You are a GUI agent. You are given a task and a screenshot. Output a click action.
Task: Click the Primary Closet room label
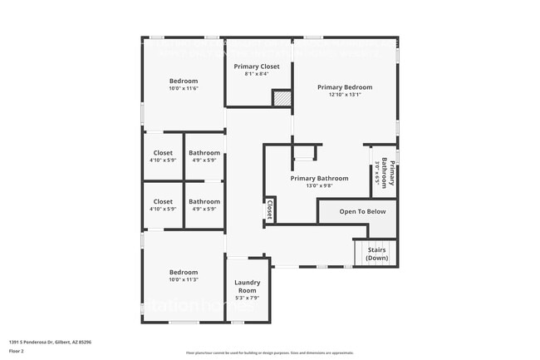pos(256,67)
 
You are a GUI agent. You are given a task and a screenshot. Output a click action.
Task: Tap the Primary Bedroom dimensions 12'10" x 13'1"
pos(344,95)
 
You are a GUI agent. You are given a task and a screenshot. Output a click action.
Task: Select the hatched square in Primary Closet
pos(282,98)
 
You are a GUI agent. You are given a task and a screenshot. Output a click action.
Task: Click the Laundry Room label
pos(248,286)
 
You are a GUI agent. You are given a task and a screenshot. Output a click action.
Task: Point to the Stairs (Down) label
pos(376,253)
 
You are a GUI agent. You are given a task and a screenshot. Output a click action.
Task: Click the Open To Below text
pos(362,212)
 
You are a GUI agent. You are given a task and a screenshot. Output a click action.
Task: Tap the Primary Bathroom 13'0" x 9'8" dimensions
pos(319,186)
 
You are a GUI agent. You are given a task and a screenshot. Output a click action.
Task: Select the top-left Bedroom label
pos(184,81)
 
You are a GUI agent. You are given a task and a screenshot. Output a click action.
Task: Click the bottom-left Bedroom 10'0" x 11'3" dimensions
pos(184,280)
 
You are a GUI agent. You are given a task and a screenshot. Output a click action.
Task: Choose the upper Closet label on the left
pos(163,153)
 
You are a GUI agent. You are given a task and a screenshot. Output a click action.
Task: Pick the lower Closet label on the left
pos(163,201)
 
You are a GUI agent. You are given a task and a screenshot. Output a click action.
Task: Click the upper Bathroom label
pos(204,153)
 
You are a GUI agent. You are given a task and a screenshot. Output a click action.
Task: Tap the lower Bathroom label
pos(204,201)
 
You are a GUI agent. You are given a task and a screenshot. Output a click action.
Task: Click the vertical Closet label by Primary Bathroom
pos(270,210)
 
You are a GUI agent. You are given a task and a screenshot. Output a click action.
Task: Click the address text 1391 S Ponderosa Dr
pos(51,341)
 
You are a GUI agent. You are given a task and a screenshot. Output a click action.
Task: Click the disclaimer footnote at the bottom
pos(269,353)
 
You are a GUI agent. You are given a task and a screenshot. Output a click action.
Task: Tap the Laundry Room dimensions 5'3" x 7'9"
pos(248,298)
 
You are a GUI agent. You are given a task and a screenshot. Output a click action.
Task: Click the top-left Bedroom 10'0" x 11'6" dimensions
pos(184,88)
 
